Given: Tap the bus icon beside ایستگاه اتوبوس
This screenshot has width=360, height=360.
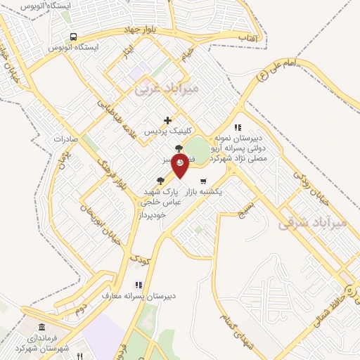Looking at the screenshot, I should tap(73, 37).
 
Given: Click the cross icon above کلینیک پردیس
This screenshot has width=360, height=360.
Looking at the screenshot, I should tap(167, 120).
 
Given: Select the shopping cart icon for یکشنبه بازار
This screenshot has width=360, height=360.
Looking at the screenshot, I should tap(203, 181).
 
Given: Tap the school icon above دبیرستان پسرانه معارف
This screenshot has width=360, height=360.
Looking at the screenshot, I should tap(139, 285).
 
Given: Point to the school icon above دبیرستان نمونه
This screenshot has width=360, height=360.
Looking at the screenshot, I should tap(238, 128).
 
